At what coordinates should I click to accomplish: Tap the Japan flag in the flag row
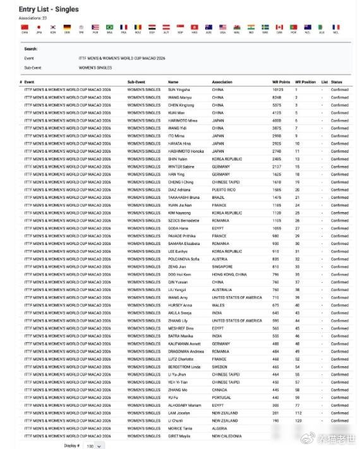[x=39, y=27]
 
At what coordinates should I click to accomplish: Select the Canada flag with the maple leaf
[x=279, y=27]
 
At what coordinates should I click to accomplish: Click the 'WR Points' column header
[x=280, y=82]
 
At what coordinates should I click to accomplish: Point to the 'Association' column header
[x=222, y=82]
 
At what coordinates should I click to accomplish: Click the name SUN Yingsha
[x=179, y=90]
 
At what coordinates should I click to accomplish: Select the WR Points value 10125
[x=278, y=90]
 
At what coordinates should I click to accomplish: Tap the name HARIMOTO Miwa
[x=183, y=121]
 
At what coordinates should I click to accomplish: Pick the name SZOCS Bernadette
[x=183, y=221]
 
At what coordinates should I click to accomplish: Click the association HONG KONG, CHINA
[x=229, y=275]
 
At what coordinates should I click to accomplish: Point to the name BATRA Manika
[x=181, y=336]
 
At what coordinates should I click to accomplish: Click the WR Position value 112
[x=297, y=413]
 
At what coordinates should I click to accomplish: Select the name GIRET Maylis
[x=179, y=436]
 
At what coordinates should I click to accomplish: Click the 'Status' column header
[x=337, y=82]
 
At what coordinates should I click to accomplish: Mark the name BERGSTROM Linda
[x=184, y=367]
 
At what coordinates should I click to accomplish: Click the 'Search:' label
[x=30, y=49]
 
